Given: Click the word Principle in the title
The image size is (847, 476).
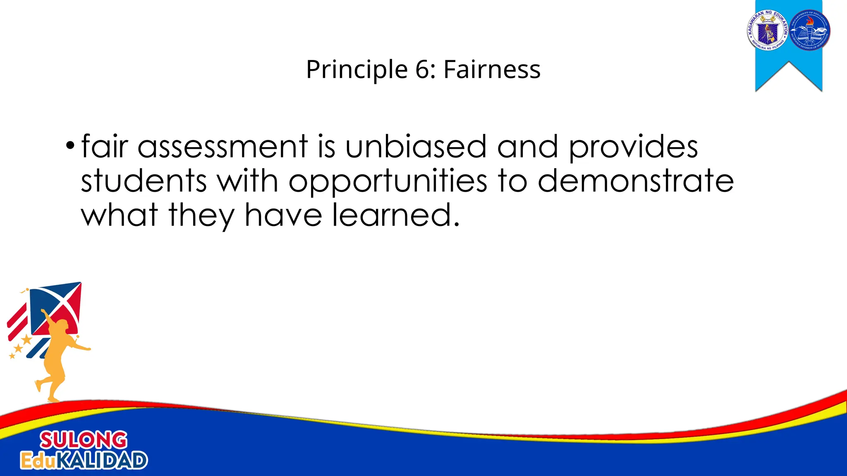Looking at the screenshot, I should [357, 69].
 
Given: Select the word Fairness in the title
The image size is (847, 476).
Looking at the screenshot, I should [492, 69].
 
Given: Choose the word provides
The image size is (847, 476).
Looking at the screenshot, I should [633, 147].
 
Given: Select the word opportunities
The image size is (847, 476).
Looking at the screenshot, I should [388, 182].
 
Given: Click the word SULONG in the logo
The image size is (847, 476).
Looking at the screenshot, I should [84, 440].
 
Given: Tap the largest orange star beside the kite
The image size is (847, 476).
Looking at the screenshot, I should [27, 340].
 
